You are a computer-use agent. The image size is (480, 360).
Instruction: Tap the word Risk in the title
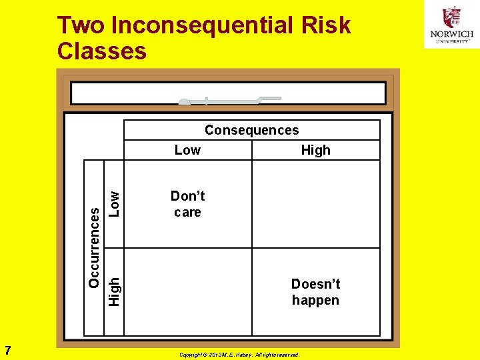tap(325, 25)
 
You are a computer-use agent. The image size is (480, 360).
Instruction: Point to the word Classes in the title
tap(102, 51)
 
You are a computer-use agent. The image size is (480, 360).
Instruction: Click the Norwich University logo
tap(451, 25)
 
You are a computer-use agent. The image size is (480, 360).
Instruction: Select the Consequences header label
tap(251, 130)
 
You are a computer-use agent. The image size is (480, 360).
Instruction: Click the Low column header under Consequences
tap(187, 150)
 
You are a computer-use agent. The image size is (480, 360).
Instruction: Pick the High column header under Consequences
tap(315, 150)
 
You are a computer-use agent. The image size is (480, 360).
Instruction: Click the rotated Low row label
tap(115, 204)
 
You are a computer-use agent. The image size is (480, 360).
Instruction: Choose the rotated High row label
tap(115, 292)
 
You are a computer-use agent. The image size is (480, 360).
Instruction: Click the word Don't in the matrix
tap(187, 196)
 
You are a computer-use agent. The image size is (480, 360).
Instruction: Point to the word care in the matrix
tap(187, 212)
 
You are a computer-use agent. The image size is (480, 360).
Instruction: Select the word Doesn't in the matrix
tap(315, 284)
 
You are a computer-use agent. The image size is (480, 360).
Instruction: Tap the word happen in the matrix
tap(315, 300)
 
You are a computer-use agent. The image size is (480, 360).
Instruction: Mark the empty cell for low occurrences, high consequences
tap(315, 204)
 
